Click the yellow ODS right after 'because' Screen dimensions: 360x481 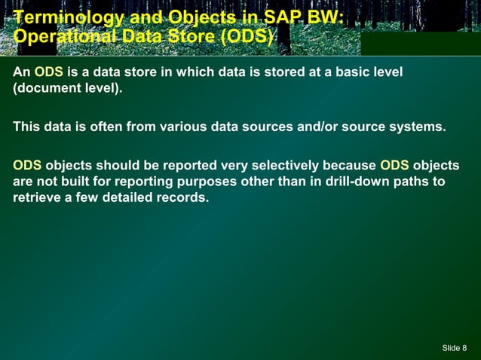coord(394,166)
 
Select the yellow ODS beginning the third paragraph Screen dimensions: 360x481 coord(27,166)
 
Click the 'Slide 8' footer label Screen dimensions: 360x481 coord(454,347)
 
